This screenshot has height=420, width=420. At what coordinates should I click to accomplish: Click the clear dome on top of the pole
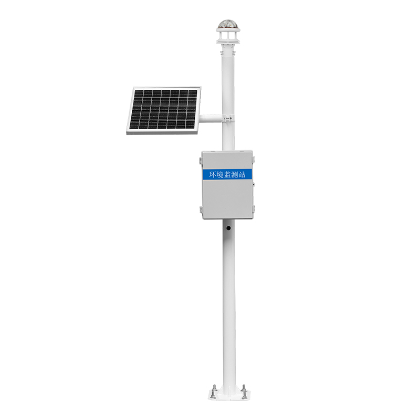228,24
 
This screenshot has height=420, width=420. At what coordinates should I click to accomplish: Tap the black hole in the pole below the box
228,228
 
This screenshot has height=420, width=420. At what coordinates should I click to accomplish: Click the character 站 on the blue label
242,175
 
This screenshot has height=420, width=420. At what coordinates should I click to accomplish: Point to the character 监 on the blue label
227,175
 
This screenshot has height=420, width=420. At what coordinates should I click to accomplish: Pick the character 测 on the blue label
235,175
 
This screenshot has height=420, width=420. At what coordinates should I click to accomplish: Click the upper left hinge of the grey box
201,161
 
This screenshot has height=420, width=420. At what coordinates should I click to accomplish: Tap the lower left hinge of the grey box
201,209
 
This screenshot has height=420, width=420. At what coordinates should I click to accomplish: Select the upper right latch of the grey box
254,160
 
